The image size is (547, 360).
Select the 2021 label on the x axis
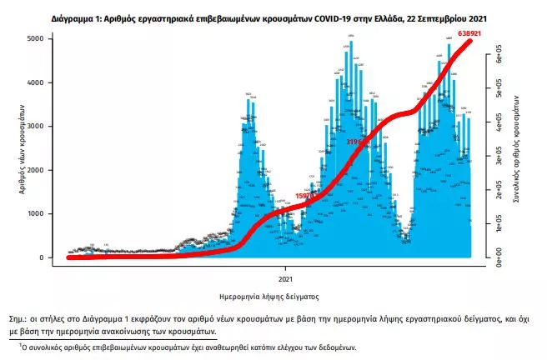(284, 277)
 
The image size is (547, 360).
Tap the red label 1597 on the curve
(306, 196)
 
